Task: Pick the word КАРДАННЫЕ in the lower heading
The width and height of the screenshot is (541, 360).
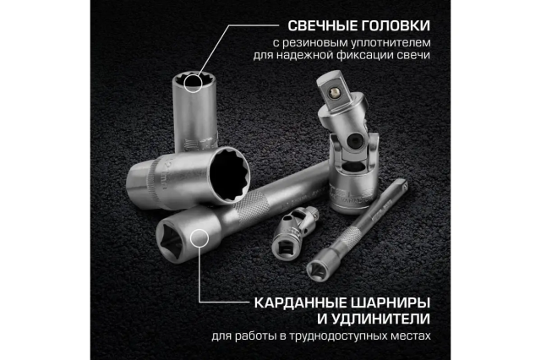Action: pyautogui.click(x=301, y=303)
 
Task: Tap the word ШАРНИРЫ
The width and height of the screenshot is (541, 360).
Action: pyautogui.click(x=391, y=303)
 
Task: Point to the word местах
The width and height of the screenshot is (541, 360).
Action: pyautogui.click(x=413, y=335)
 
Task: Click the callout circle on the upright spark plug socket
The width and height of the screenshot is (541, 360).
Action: pyautogui.click(x=193, y=83)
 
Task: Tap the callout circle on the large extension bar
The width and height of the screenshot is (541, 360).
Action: pyautogui.click(x=199, y=238)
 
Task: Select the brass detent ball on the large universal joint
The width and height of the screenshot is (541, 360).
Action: pyautogui.click(x=333, y=92)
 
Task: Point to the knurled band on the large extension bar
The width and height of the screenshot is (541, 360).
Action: pyautogui.click(x=253, y=207)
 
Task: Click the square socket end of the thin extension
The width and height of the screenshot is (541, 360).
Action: pyautogui.click(x=316, y=269)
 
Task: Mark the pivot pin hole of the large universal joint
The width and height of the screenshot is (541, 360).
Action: pyautogui.click(x=355, y=140)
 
